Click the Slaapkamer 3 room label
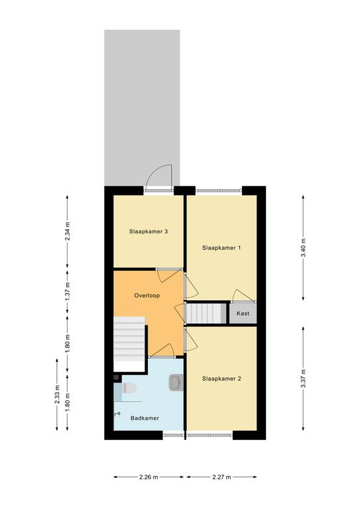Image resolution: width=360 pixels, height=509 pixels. tap(149, 231)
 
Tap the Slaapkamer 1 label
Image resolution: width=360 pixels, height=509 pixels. tap(221, 248)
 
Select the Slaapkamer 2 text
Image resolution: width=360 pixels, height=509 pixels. tap(221, 378)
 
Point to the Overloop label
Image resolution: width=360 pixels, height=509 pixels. tap(147, 296)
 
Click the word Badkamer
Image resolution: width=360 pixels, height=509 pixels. tap(145, 418)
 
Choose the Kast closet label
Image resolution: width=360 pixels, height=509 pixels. tap(243, 313)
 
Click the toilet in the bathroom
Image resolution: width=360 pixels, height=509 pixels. tap(129, 388)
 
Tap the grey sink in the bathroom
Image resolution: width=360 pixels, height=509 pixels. tap(176, 382)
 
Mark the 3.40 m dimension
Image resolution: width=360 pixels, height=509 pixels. tap(303, 248)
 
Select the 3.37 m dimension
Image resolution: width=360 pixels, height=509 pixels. tap(303, 378)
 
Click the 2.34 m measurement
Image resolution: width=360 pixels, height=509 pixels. tap(68, 231)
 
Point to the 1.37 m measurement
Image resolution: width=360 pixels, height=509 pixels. tap(68, 291)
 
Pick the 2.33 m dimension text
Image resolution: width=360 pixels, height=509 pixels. tap(57, 394)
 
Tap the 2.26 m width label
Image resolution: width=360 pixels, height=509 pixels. tap(149, 477)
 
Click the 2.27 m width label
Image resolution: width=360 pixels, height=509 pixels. tap(221, 477)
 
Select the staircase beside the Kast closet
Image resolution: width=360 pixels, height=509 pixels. tap(206, 313)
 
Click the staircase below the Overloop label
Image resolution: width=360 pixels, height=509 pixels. tap(129, 339)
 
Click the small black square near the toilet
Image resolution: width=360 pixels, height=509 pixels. tap(116, 377)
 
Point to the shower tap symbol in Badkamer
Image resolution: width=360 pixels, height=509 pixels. tap(117, 414)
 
